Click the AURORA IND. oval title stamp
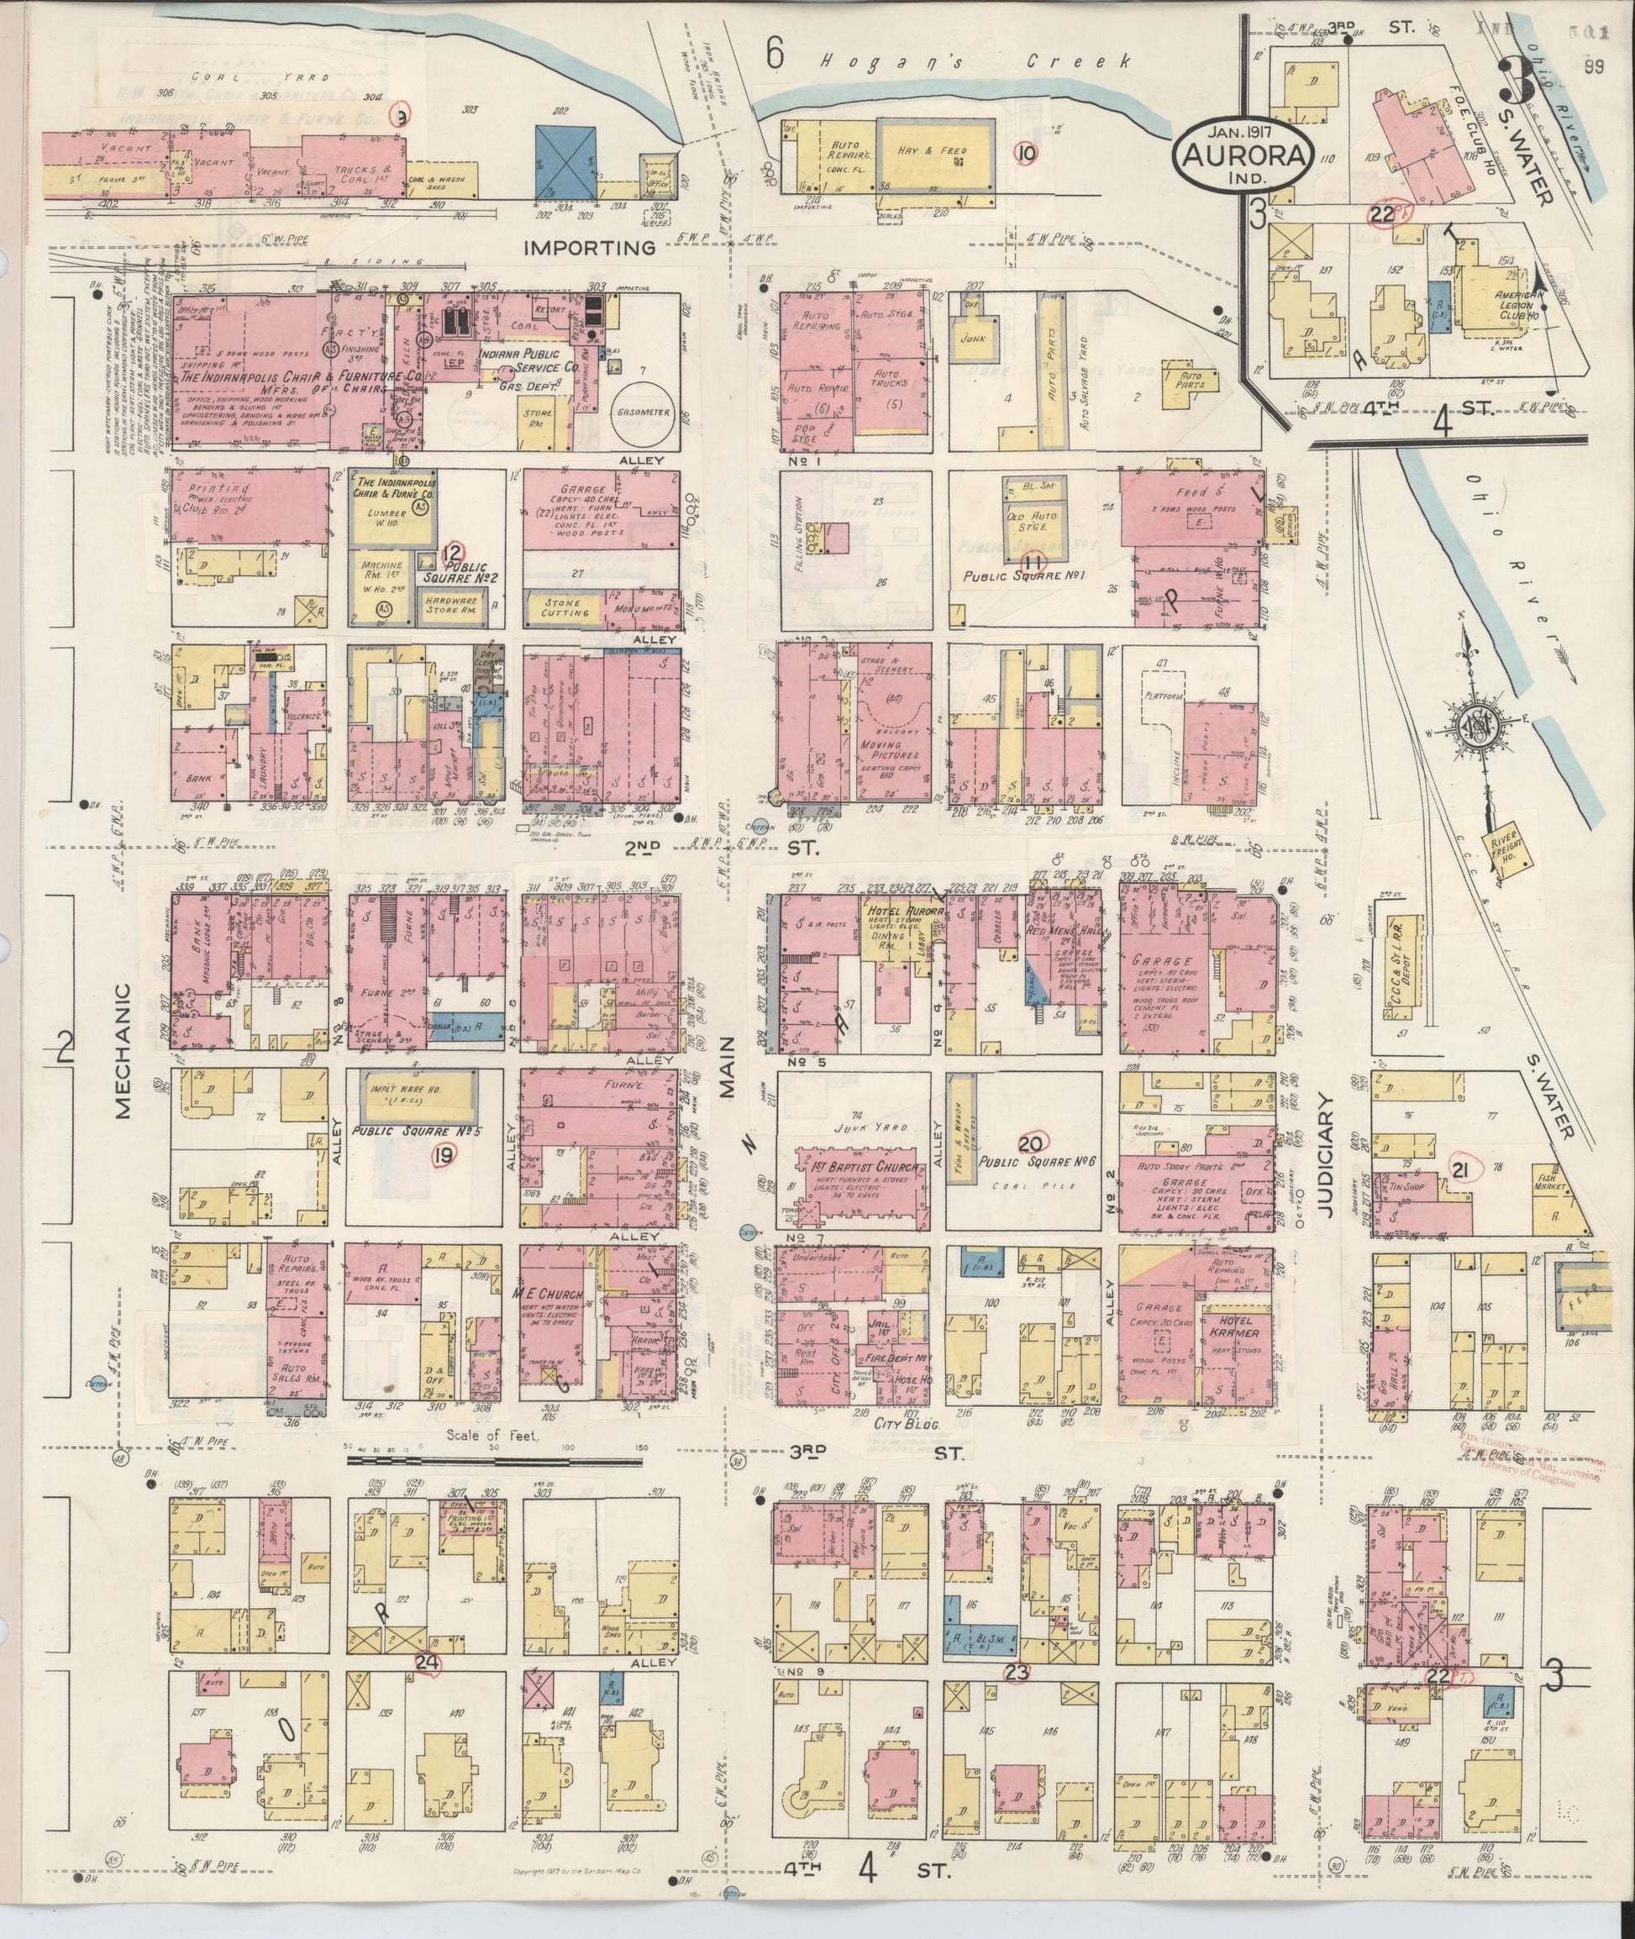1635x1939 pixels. click(1243, 155)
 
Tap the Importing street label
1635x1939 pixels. click(590, 248)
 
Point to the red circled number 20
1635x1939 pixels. click(1030, 1143)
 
